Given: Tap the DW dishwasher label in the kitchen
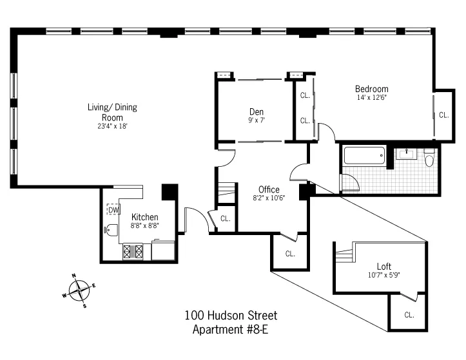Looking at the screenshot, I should (x=113, y=210).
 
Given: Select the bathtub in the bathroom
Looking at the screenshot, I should (x=364, y=156).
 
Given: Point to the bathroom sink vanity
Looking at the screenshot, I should (x=406, y=154).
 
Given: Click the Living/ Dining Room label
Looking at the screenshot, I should (x=113, y=112).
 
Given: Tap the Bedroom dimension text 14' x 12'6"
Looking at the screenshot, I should (x=373, y=98).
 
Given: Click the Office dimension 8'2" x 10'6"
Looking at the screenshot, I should (x=269, y=198).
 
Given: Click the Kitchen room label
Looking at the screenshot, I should (x=144, y=217).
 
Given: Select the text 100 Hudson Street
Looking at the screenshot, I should (x=231, y=316).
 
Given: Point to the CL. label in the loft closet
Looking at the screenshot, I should (x=409, y=315).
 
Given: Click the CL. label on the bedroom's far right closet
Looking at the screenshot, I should (x=443, y=115).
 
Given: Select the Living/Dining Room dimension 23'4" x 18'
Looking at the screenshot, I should (x=113, y=126).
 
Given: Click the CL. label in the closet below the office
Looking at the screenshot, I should (x=290, y=253).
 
